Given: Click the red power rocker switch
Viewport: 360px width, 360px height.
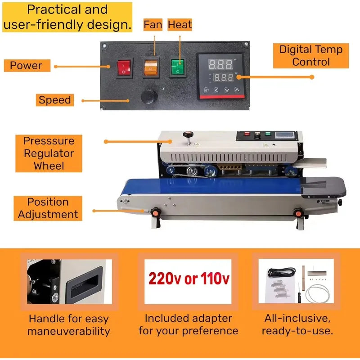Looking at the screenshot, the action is click(124, 68).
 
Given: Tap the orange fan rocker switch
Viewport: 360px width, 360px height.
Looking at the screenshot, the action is click(151, 67).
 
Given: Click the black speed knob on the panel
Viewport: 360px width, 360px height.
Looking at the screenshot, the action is click(149, 96).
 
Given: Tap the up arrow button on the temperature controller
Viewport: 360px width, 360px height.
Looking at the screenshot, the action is click(237, 90).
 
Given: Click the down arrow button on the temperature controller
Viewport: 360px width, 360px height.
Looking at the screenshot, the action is click(227, 90).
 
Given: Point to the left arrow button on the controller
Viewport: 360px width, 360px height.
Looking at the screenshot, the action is click(216, 90).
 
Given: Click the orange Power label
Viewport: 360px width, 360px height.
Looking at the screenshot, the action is click(27, 66).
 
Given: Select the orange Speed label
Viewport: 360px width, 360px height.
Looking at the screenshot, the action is click(55, 100).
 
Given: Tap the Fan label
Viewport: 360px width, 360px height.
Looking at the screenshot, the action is click(153, 25).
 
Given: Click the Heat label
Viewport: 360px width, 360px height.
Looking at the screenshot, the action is click(180, 25).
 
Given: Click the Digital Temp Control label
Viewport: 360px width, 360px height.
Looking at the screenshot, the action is click(311, 56).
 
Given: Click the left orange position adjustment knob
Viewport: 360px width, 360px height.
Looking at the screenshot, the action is click(156, 212).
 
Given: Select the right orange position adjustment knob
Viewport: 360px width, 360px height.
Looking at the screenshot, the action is click(298, 213).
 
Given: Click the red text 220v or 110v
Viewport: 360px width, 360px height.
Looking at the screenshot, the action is click(189, 279).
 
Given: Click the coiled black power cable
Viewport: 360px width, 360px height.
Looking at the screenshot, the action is click(282, 272).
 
